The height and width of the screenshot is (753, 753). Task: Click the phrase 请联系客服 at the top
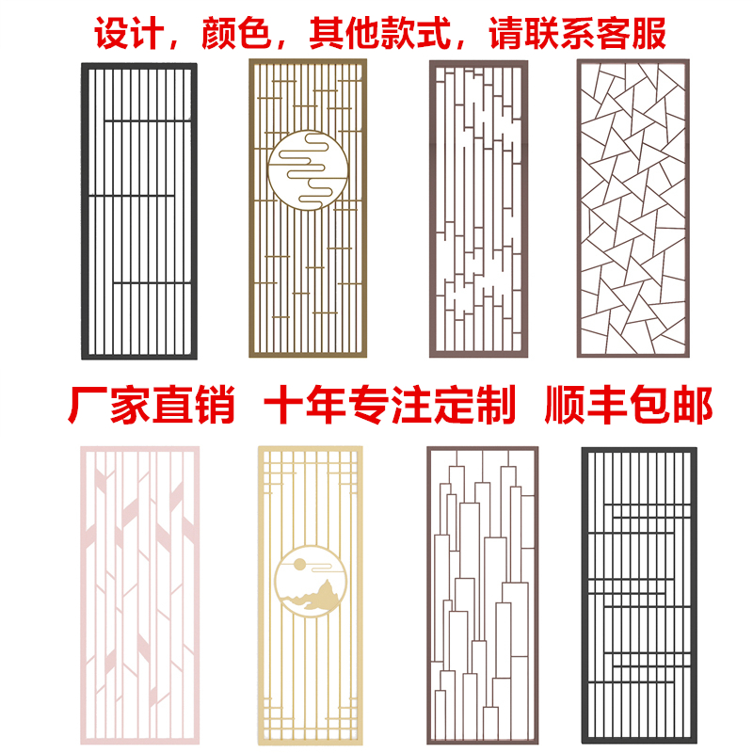[x=577, y=33]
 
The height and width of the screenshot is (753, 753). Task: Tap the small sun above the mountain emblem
[x=298, y=565]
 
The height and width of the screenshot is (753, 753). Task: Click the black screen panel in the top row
[x=138, y=211]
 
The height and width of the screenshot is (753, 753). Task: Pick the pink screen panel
[x=139, y=597]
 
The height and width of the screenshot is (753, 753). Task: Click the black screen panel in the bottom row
[x=638, y=597]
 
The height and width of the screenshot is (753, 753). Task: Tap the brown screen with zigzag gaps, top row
[x=477, y=209]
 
